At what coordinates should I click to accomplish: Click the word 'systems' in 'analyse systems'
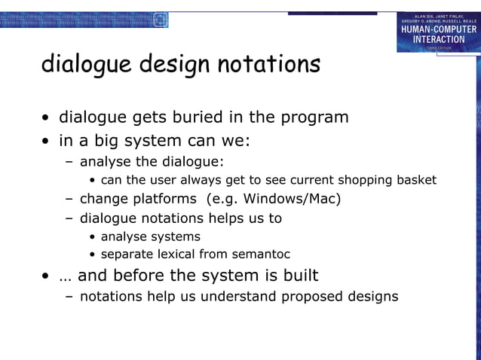pos(175,236)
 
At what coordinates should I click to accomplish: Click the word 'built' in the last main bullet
pos(299,275)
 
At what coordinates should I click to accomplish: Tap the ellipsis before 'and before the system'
pos(66,275)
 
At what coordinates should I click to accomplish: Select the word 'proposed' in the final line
pos(312,296)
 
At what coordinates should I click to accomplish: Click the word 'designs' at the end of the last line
pos(372,296)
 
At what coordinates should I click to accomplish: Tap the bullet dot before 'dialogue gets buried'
pos(47,119)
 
